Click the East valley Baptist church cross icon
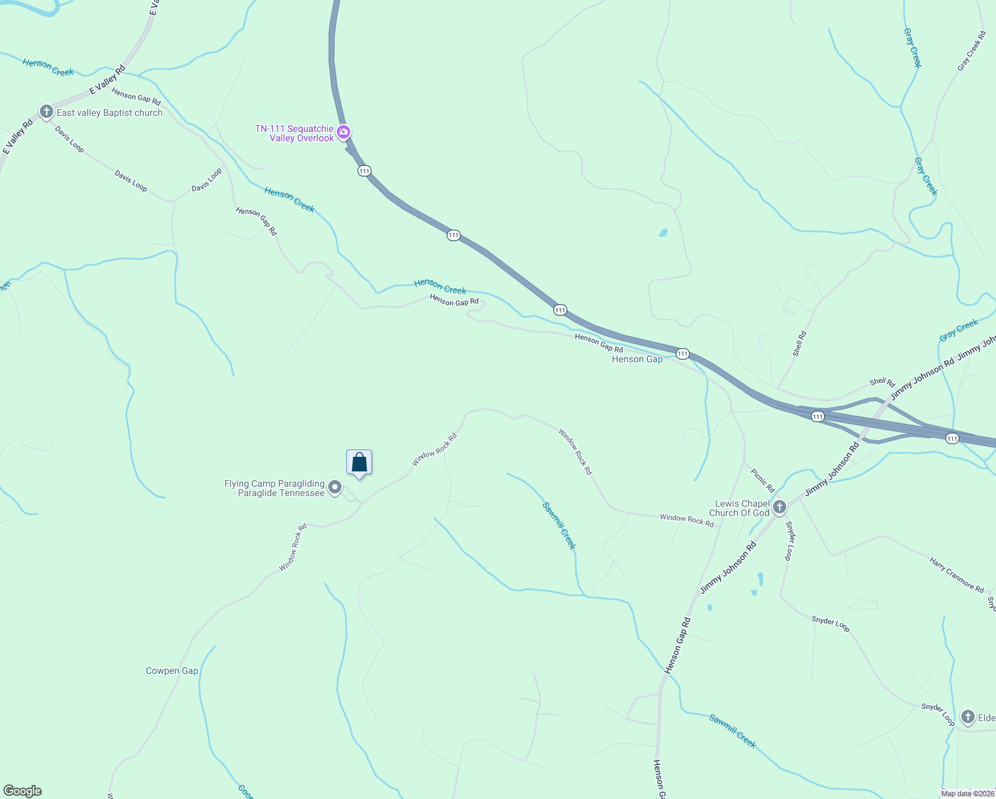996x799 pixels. (46, 112)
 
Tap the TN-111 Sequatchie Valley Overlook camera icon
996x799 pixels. (344, 132)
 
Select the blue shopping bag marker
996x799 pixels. (359, 463)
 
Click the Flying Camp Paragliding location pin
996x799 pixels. (336, 488)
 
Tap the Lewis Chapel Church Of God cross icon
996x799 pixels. (779, 507)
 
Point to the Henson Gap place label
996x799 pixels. (637, 360)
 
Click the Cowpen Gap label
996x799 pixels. (172, 671)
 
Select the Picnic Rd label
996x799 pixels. (763, 480)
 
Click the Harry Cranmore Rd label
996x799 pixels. (957, 575)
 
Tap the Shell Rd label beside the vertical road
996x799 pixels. (800, 344)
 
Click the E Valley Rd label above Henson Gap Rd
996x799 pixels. (107, 80)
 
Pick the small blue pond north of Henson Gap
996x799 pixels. (662, 233)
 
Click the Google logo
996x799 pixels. (23, 791)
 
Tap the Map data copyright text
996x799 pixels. (967, 793)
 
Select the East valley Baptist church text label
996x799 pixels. (109, 113)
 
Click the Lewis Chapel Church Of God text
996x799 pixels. (739, 508)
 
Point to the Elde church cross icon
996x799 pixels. (967, 717)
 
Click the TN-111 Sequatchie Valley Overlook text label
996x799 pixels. (294, 133)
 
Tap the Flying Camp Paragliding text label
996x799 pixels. (274, 489)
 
